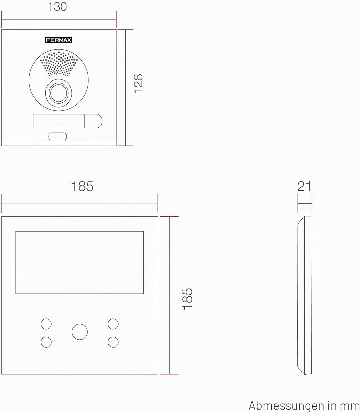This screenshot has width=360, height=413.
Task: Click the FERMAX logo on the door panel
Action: [x=59, y=40]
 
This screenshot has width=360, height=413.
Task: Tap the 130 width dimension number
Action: [x=57, y=7]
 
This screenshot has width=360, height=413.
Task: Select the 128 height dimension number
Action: [x=138, y=84]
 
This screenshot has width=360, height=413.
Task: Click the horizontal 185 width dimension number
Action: [x=82, y=186]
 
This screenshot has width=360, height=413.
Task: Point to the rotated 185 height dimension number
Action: [x=188, y=299]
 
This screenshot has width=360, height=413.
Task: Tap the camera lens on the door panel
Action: [x=59, y=93]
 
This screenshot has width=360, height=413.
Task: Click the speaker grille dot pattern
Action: [x=59, y=64]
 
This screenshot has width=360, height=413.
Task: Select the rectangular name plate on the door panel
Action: [x=59, y=121]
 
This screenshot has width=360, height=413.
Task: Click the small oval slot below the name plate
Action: [x=58, y=136]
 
